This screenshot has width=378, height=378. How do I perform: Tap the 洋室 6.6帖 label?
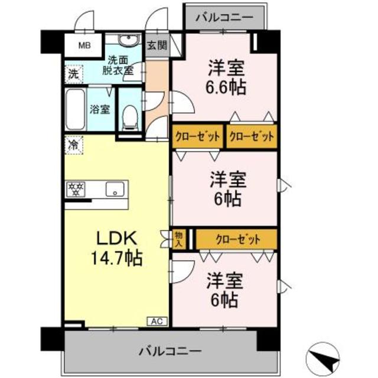coord(226,77)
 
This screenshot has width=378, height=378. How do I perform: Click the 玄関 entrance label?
coord(157,45)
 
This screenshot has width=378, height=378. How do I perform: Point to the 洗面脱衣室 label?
coord(120,64)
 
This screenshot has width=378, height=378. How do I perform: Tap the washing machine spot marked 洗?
coord(71,74)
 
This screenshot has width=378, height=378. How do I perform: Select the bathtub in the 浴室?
coord(74,110)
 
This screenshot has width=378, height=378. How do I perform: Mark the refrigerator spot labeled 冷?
coord(74,145)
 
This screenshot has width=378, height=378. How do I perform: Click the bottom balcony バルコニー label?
coord(170,350)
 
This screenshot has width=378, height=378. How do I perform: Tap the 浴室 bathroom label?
coord(99,109)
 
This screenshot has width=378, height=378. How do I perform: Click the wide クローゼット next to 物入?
coord(237,239)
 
